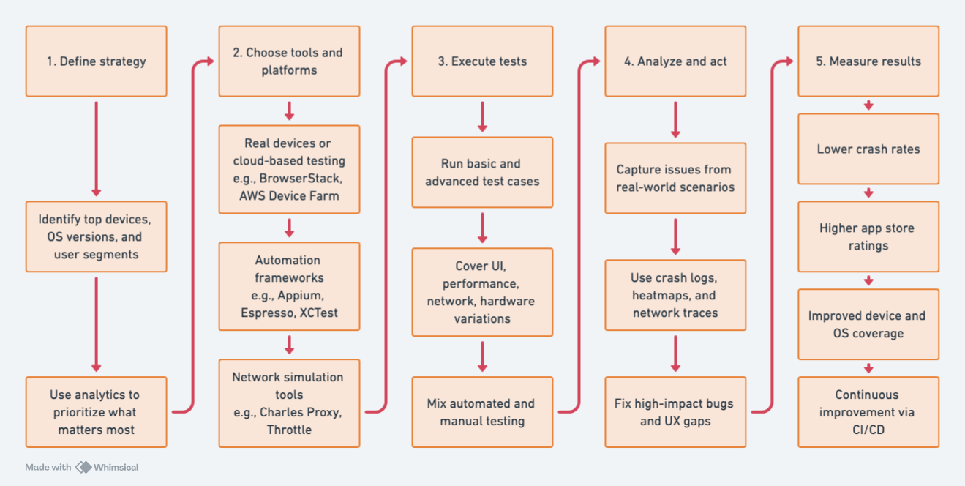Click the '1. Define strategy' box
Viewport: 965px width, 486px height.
click(x=96, y=61)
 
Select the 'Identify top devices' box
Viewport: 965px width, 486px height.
click(x=96, y=236)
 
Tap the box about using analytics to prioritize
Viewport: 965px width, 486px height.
click(x=96, y=412)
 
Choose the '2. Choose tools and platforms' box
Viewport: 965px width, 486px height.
click(x=289, y=61)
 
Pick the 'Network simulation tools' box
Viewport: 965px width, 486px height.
click(x=289, y=403)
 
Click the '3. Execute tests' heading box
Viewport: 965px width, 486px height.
click(x=482, y=61)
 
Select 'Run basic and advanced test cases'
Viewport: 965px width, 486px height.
click(x=482, y=172)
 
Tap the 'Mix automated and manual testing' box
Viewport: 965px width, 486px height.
click(x=482, y=412)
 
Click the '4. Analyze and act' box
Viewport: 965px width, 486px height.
click(x=675, y=61)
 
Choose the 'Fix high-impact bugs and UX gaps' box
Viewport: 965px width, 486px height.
click(x=675, y=412)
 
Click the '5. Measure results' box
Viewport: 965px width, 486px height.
click(x=868, y=61)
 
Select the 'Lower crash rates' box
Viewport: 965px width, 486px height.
click(x=868, y=149)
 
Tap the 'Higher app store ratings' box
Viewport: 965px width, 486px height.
click(x=868, y=236)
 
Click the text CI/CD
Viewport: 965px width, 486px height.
click(x=868, y=430)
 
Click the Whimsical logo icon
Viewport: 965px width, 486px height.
click(x=83, y=467)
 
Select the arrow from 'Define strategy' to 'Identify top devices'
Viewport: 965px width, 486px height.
click(x=96, y=149)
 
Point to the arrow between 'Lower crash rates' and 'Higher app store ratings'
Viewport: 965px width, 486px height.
click(x=868, y=192)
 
